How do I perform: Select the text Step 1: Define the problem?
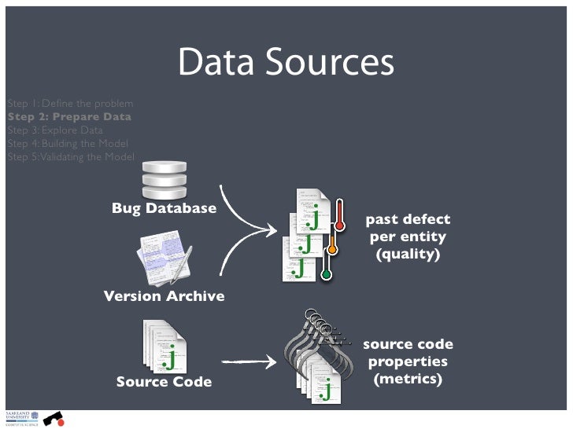pos(69,104)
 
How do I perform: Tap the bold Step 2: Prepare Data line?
pos(69,117)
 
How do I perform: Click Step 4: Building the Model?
pos(66,144)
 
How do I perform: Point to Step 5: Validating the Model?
pos(70,156)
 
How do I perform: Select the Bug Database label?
pos(164,208)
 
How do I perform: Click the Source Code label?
pos(164,382)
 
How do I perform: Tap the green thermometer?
pos(327,267)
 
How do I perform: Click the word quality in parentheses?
pos(408,255)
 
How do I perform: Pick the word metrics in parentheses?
pos(408,379)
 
